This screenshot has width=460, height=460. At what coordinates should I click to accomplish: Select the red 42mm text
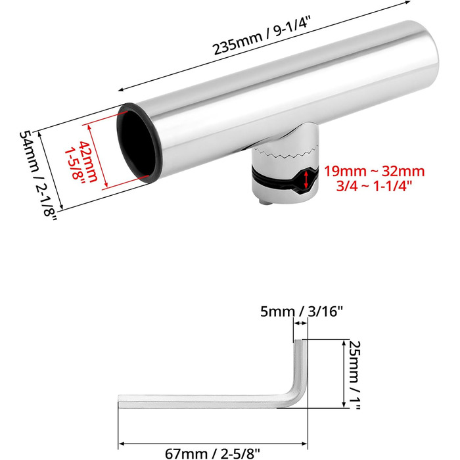click(89, 162)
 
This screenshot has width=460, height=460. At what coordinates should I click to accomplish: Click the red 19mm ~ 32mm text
click(374, 172)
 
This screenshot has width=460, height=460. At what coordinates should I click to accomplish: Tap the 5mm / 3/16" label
click(302, 311)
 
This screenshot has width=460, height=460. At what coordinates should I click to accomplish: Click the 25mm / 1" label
click(354, 375)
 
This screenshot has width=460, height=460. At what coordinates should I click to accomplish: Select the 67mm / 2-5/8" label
click(212, 453)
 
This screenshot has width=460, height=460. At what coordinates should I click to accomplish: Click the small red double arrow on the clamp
click(306, 180)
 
